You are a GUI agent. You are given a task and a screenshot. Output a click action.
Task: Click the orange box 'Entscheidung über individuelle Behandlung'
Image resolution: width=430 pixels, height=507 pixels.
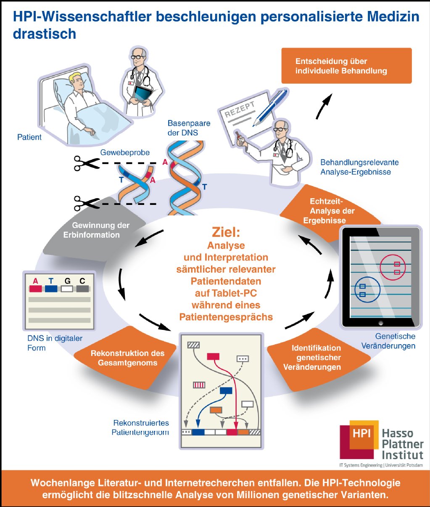point(346,66)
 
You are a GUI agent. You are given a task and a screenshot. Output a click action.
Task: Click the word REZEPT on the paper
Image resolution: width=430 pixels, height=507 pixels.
point(240,110)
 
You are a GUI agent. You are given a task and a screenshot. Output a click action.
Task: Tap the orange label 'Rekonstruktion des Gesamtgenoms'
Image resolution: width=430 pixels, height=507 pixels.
point(127,358)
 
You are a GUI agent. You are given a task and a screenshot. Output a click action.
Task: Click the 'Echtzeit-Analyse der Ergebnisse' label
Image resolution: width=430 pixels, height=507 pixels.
point(332,211)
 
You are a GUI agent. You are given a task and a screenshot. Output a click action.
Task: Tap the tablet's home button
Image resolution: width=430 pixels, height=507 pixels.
point(381,323)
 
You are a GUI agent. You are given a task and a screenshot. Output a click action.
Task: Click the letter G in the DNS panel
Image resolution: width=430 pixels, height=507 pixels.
point(67,281)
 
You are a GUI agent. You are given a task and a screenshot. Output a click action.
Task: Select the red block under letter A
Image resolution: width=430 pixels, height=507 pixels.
point(36,289)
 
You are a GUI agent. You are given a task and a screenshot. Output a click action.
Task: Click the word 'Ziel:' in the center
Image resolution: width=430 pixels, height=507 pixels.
point(226,233)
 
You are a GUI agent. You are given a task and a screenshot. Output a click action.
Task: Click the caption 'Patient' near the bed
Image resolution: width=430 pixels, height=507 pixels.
point(29,137)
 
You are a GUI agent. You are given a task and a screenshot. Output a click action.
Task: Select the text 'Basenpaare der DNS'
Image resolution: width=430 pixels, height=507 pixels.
point(189,128)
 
